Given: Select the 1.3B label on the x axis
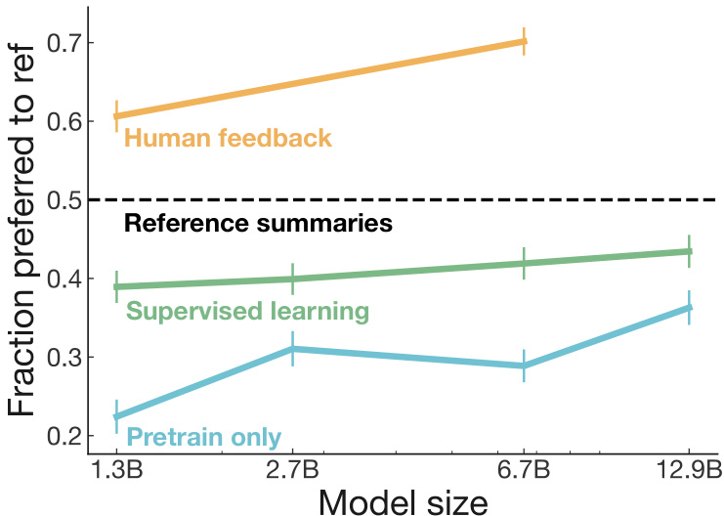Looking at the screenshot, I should (x=116, y=469).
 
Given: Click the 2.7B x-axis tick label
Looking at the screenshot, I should (x=292, y=469).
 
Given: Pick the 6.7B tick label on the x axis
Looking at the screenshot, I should (x=525, y=469).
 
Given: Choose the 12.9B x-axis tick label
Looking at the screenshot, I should (x=689, y=469).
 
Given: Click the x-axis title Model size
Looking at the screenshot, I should (x=404, y=499).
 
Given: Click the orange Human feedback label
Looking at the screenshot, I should (x=229, y=139).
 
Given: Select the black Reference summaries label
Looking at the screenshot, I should (x=258, y=224).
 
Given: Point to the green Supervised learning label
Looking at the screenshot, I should (x=247, y=312).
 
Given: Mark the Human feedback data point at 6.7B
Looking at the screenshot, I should (x=525, y=41).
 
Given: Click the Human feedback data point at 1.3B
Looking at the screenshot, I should (x=116, y=116).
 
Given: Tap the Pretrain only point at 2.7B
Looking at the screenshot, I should (x=292, y=348).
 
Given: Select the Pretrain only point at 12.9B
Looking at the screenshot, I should (x=689, y=307).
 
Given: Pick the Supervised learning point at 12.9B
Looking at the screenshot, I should (x=689, y=251).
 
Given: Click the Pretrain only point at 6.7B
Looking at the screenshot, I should (x=525, y=365).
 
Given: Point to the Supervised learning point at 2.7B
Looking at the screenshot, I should (x=292, y=279).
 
